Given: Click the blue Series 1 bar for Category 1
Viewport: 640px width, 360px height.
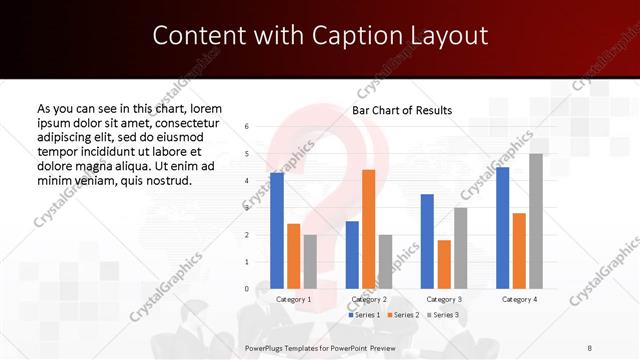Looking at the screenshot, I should pos(277,231).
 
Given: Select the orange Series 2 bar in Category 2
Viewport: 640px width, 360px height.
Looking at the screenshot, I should pos(368,229).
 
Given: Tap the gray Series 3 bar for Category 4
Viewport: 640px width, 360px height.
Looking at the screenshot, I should pos(536,221).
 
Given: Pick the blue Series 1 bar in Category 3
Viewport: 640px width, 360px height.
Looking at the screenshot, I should pos(427,241).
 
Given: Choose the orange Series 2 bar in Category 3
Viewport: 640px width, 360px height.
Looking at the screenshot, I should pos(444,264).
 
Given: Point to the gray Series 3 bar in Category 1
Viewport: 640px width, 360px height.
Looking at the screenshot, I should pos(310,261).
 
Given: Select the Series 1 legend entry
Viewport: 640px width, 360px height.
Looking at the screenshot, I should pos(365,315).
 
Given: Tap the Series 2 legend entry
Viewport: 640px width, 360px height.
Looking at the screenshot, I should pos(401,315).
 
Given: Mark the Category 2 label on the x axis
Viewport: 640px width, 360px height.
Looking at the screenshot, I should pos(369,299).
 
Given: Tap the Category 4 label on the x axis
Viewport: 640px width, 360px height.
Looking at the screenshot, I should pos(519,299).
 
